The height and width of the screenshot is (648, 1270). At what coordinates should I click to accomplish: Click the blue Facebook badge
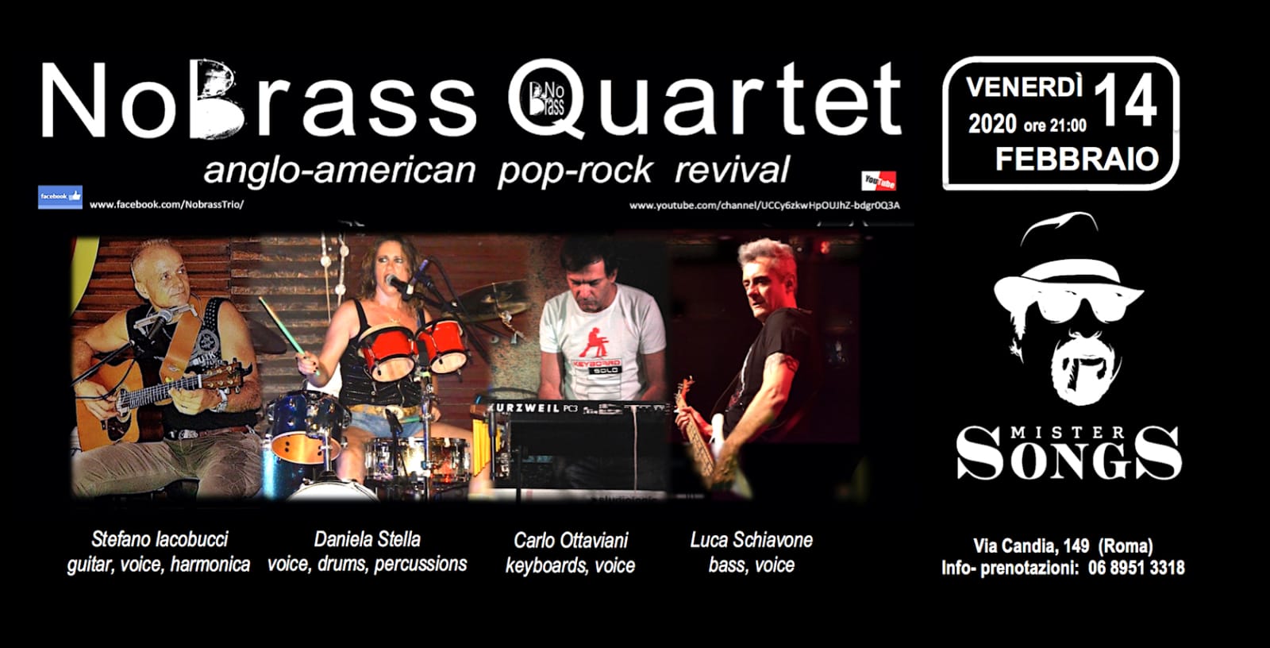(60, 197)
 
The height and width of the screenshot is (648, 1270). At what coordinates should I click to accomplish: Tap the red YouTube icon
(878, 181)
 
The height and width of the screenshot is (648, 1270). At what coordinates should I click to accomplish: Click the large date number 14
(1125, 102)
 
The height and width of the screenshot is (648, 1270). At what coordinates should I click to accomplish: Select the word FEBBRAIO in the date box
(1077, 159)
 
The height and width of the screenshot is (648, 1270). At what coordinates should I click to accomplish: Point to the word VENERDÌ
(1025, 87)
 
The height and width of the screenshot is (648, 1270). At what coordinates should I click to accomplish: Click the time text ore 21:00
(1055, 125)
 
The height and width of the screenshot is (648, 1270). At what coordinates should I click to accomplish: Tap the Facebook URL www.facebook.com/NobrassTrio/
(167, 205)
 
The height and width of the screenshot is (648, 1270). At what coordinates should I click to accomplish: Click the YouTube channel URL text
(764, 206)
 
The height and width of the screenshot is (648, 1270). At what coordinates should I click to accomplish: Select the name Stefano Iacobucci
(160, 539)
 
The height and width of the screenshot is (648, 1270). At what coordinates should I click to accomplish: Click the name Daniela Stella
(368, 539)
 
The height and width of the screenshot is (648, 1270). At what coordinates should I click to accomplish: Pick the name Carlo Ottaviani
(571, 540)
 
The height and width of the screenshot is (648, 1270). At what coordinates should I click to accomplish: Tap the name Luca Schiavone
(751, 540)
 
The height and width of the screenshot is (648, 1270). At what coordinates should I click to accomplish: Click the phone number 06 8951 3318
(1136, 568)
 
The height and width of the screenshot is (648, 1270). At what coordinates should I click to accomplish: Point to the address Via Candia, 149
(1031, 546)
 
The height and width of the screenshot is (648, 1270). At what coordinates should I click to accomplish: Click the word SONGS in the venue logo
(1068, 454)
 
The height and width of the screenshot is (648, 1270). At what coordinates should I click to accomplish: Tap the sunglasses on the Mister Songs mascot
(1069, 307)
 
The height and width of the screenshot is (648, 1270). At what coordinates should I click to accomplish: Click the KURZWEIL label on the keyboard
(521, 407)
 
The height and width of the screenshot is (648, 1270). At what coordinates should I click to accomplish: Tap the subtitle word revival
(733, 170)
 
